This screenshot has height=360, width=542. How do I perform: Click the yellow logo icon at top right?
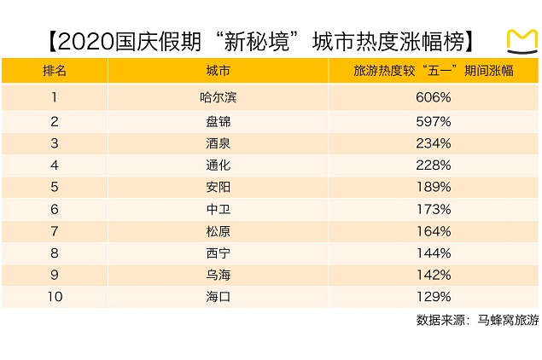click(520, 40)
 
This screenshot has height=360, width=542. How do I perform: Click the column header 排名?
click(54, 71)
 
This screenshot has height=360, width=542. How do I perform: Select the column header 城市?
click(219, 71)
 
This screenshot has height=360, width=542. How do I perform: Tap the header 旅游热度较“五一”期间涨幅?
click(433, 71)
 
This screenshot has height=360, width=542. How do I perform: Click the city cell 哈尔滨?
click(219, 97)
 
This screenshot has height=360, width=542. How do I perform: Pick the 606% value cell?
click(433, 97)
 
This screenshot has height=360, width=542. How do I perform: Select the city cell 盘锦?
click(219, 119)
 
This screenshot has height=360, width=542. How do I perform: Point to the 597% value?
click(433, 119)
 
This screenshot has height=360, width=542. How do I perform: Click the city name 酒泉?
click(219, 142)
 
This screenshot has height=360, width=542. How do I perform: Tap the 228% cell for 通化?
click(433, 164)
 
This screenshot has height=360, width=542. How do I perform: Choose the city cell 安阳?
click(219, 186)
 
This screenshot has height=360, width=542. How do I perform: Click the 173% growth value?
click(433, 208)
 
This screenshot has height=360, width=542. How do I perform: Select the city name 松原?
click(219, 230)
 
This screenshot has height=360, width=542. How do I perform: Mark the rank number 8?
click(54, 253)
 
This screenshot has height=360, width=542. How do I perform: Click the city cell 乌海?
click(219, 275)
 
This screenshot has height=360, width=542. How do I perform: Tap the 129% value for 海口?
click(433, 297)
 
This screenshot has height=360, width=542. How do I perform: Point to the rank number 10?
click(54, 297)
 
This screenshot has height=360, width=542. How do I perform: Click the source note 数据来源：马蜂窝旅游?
click(477, 321)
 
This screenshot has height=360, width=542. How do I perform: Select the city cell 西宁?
click(219, 253)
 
